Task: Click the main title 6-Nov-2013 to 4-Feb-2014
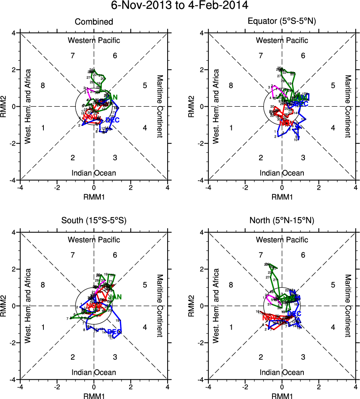(x=180, y=6)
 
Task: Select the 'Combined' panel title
(x=94, y=22)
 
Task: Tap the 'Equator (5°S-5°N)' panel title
(x=282, y=22)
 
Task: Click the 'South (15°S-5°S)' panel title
(x=94, y=221)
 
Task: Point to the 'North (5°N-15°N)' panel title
(x=282, y=221)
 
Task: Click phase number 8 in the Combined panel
(x=43, y=86)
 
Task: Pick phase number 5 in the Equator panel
(x=333, y=86)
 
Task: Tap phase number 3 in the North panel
(x=303, y=357)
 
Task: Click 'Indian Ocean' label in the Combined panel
(x=94, y=173)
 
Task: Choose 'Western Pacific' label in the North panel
(x=282, y=240)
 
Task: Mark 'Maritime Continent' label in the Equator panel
(x=348, y=106)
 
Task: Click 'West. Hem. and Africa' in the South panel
(x=27, y=305)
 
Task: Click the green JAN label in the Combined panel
(x=111, y=97)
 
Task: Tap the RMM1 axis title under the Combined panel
(x=94, y=196)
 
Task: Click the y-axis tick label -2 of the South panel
(x=13, y=342)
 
